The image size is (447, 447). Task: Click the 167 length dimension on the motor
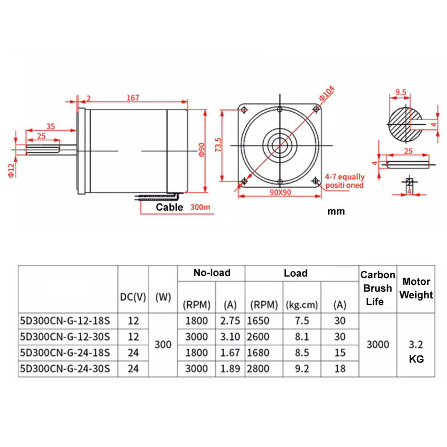click(x=133, y=98)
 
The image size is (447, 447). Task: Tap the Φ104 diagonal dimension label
click(x=327, y=93)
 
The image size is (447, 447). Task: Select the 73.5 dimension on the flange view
click(x=218, y=145)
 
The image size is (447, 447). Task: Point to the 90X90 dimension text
click(x=280, y=192)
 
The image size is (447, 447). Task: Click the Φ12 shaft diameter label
click(x=11, y=170)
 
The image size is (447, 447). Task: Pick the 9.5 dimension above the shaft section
click(x=401, y=92)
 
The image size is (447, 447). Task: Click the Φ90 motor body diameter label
click(x=202, y=150)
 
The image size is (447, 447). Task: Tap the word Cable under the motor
click(x=169, y=207)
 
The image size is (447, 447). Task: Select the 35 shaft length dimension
click(x=51, y=126)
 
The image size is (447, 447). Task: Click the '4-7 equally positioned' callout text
click(x=345, y=181)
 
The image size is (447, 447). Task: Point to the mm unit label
click(x=336, y=211)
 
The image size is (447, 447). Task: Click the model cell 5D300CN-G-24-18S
click(x=65, y=353)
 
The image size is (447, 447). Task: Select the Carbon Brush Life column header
click(x=378, y=288)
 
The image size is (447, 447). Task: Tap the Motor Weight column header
click(x=416, y=288)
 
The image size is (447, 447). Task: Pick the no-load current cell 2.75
click(x=230, y=321)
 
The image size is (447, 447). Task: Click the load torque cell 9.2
click(x=302, y=369)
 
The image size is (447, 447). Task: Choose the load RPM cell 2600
click(x=258, y=337)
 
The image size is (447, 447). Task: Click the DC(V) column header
click(x=133, y=297)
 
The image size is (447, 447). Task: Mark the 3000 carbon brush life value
click(x=378, y=345)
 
